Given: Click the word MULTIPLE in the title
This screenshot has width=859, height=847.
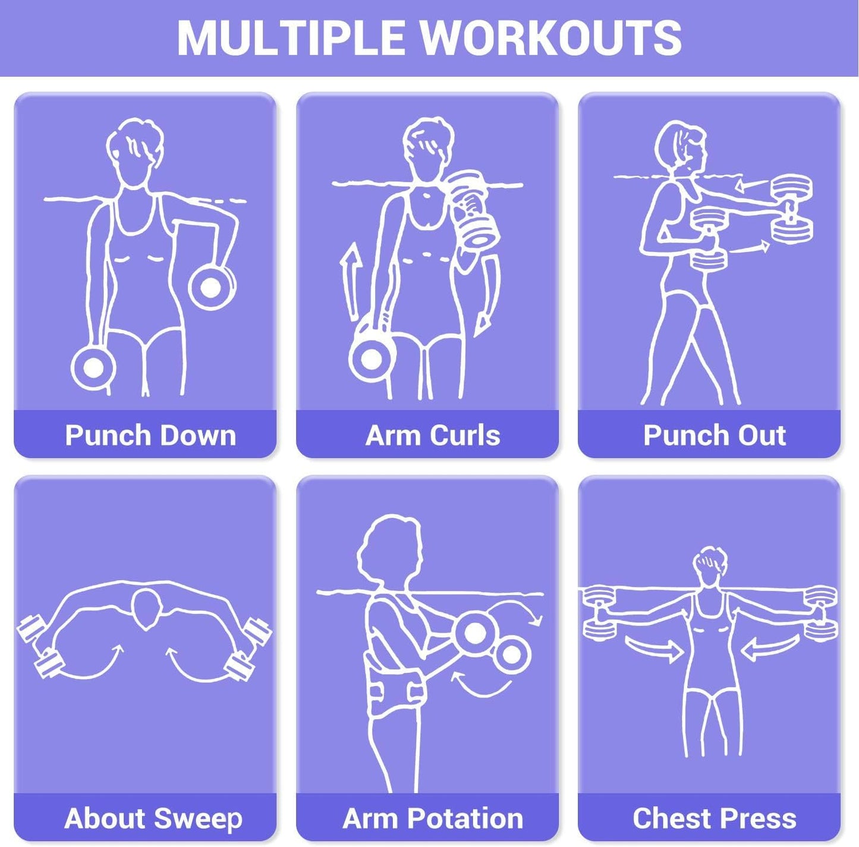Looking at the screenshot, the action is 291,37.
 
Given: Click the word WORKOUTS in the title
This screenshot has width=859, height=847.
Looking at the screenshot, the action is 552,37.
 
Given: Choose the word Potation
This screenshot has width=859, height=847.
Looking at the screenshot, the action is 465,818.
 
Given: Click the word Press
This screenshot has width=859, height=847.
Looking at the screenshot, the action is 759,818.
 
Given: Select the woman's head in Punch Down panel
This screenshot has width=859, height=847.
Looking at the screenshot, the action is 134,149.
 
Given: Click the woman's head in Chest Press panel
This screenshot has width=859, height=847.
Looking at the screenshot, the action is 710,565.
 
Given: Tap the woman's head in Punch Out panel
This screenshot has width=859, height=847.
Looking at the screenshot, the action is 681,149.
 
